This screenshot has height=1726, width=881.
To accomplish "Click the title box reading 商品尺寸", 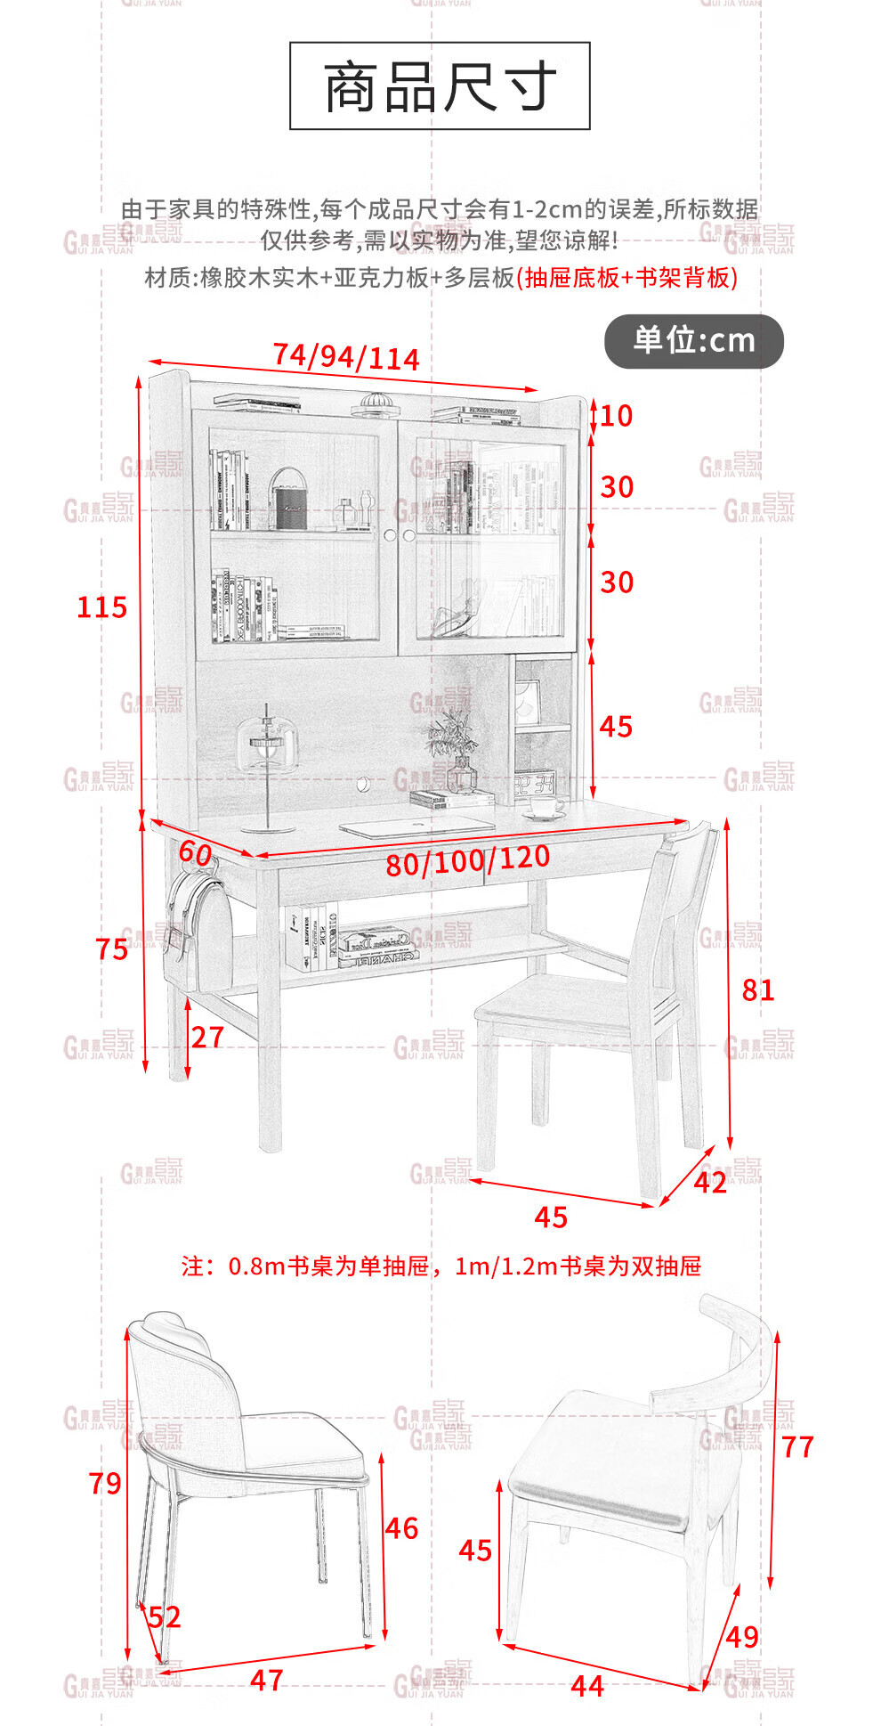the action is tap(440, 86).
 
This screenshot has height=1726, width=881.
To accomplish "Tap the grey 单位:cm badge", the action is tap(693, 340).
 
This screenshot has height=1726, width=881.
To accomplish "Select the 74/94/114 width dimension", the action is tap(345, 357).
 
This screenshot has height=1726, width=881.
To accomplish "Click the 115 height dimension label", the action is tap(101, 607).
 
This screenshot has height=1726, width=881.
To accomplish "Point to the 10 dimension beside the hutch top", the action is tap(616, 416).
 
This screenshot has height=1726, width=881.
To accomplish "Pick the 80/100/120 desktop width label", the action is tap(467, 860).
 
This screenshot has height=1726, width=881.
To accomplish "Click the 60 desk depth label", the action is tap(195, 852).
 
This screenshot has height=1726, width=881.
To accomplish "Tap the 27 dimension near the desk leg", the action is tap(207, 1037).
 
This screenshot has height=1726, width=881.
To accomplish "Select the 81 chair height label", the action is tap(757, 989).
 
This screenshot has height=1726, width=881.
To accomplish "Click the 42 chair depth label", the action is tap(710, 1182).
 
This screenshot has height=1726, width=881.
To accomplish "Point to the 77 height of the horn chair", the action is tap(797, 1446).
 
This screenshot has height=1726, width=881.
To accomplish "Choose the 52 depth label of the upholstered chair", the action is tap(164, 1616).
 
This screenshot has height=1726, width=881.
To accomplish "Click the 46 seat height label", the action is tap(401, 1528).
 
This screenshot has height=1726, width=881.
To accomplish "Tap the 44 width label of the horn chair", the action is tap(587, 1685).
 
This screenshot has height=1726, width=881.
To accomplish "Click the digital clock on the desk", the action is tap(535, 784).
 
